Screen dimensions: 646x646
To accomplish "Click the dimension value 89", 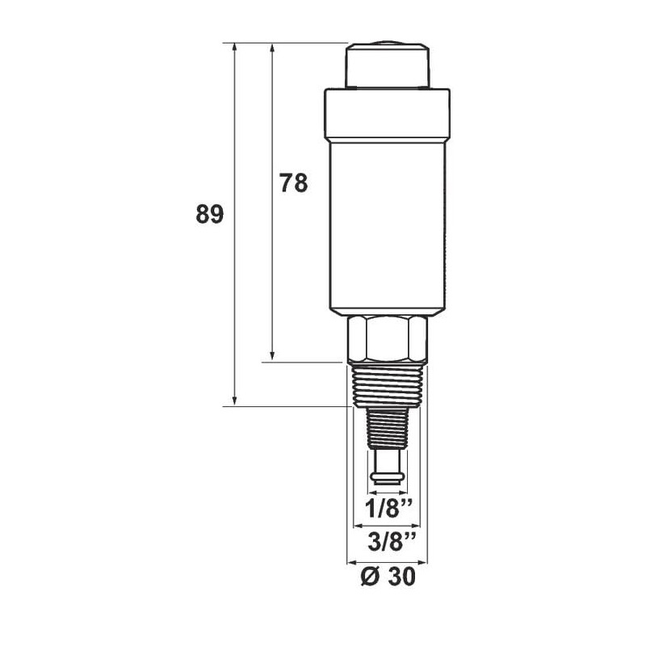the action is (x=210, y=214).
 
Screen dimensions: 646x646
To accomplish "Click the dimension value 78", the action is (x=294, y=183).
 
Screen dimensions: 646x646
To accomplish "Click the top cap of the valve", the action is (x=388, y=65).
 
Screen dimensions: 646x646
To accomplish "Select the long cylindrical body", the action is (x=388, y=227).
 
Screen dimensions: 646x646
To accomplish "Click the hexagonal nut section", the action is (x=388, y=339).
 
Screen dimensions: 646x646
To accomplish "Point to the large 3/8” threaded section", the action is (x=388, y=387).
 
